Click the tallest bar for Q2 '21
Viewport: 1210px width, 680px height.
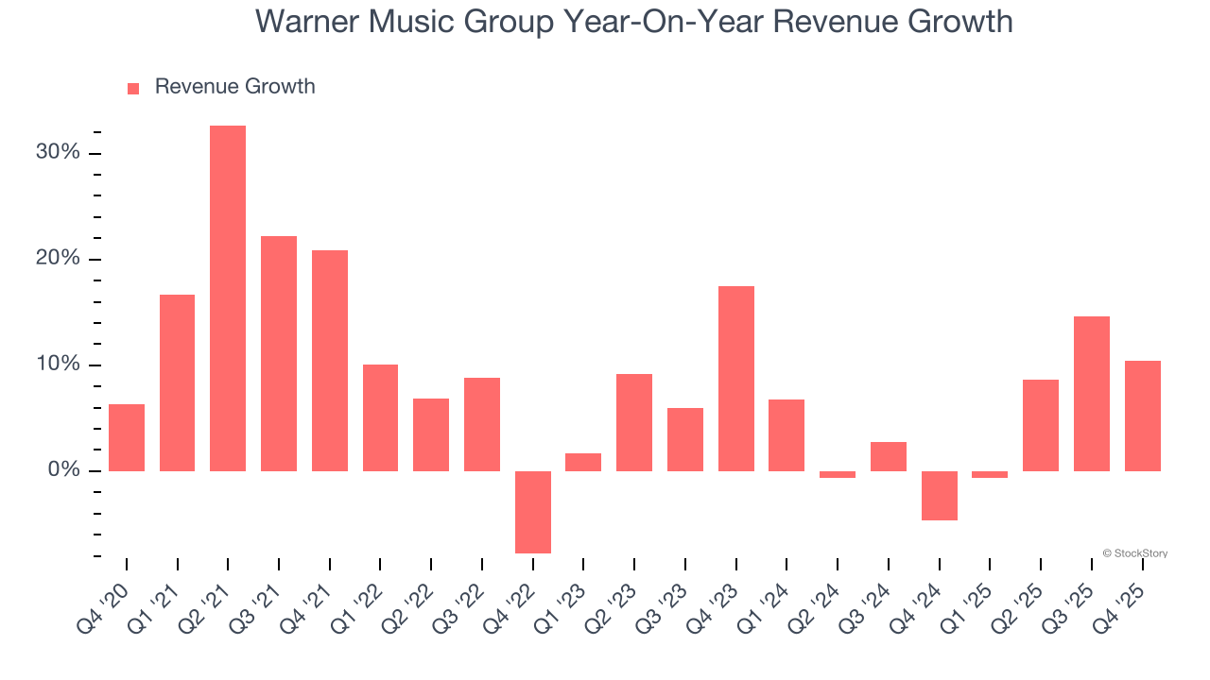point(228,298)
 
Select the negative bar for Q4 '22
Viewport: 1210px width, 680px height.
point(532,512)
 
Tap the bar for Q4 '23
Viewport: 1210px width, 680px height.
point(735,379)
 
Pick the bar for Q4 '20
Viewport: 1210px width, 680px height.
point(127,437)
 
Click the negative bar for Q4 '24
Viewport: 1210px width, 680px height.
point(939,496)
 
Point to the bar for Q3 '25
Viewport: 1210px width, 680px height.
point(1091,394)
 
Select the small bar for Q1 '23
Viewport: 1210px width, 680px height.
point(583,462)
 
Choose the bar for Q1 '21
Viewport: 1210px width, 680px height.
point(177,382)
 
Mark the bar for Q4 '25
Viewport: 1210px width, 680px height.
point(1142,416)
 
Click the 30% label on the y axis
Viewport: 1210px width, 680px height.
point(58,153)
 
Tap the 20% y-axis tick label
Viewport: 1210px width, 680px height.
point(58,259)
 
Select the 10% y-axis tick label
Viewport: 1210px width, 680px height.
point(58,365)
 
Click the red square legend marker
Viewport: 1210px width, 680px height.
point(133,88)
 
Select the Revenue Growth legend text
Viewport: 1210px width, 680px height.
point(234,87)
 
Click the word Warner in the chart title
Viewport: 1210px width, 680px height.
point(311,21)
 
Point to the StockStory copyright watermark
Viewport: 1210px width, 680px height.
point(1134,553)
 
